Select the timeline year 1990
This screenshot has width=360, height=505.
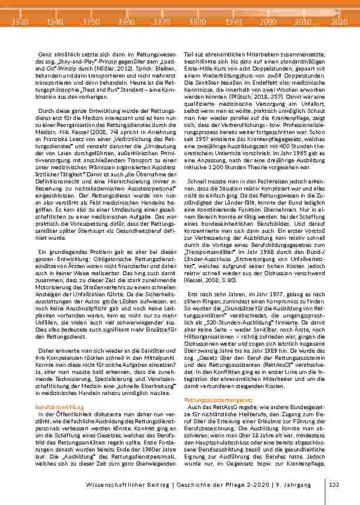(x=232, y=20)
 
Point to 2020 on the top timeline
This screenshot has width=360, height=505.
(x=339, y=20)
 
